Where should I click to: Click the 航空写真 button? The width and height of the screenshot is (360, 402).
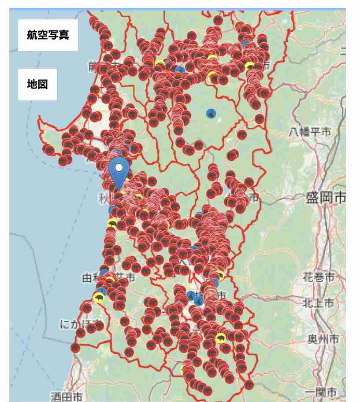(48, 35)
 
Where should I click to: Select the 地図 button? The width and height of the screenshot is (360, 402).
(37, 84)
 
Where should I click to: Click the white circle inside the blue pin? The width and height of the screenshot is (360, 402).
(119, 167)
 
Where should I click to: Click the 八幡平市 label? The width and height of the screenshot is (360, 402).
(310, 132)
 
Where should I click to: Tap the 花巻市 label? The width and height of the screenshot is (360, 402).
(319, 278)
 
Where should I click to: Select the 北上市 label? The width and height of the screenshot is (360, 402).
(319, 303)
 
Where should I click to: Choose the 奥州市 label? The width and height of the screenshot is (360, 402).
(323, 339)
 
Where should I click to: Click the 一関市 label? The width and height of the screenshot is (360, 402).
(321, 392)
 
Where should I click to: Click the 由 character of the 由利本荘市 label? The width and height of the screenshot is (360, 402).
(87, 278)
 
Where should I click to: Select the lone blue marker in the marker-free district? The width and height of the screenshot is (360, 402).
(212, 114)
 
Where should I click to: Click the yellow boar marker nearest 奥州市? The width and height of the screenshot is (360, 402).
(221, 338)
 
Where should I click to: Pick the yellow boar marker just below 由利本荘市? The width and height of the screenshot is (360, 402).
(99, 299)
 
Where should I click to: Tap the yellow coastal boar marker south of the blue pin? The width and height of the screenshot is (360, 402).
(112, 223)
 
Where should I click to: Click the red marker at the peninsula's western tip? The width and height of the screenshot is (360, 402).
(48, 150)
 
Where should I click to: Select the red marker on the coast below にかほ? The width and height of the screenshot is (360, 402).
(75, 347)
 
